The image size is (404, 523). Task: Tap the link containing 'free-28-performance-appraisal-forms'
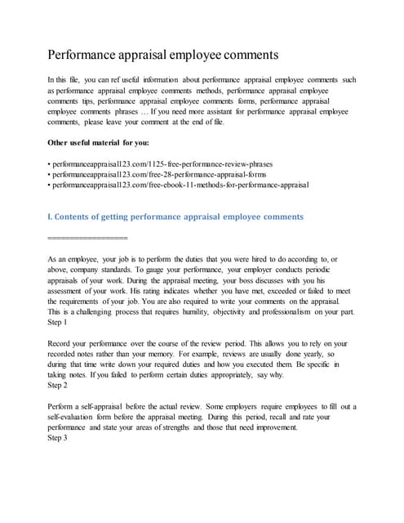161,174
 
